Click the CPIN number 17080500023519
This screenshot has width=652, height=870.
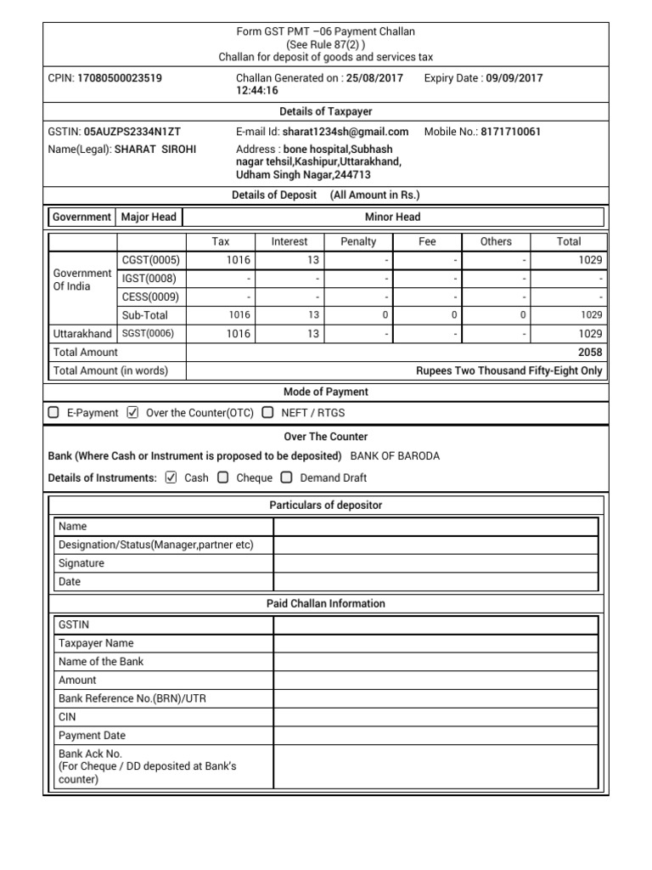pos(120,78)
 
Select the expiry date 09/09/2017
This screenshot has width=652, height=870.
pos(514,78)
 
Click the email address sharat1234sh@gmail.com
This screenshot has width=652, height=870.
pos(346,132)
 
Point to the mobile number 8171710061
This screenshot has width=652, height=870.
pos(510,132)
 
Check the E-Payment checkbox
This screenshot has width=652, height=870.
pos(53,413)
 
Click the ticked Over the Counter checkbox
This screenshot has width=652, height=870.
pos(132,413)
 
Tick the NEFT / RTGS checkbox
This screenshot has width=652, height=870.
pos(267,413)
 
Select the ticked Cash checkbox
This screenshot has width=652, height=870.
pos(171,477)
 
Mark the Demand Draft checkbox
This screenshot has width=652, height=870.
pos(287,477)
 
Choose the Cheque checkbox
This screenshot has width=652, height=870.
pos(223,477)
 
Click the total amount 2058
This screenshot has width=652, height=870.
pos(590,353)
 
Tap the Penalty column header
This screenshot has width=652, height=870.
pos(358,241)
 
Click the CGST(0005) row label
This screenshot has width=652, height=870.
pos(150,261)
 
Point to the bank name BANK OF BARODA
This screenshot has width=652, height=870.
pos(395,456)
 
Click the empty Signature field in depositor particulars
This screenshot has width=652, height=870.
pos(436,563)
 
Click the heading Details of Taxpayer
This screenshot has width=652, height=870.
pos(326,111)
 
